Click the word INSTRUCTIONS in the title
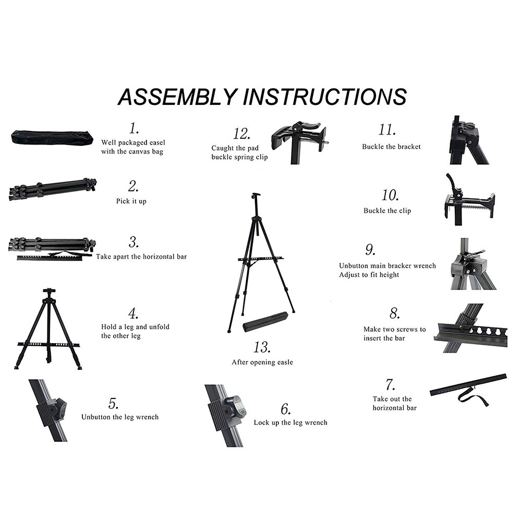tap(324, 97)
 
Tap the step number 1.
tap(135, 128)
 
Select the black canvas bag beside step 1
tap(52, 138)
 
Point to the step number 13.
tap(262, 347)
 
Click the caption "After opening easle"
tap(262, 362)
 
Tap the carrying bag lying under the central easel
tap(265, 321)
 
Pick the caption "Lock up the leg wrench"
tap(290, 422)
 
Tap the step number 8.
tap(394, 314)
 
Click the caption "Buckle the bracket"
tap(391, 147)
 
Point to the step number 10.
tap(390, 196)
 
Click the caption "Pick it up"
tap(131, 201)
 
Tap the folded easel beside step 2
tap(52, 189)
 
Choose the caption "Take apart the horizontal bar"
tap(141, 257)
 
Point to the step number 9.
tap(370, 250)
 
